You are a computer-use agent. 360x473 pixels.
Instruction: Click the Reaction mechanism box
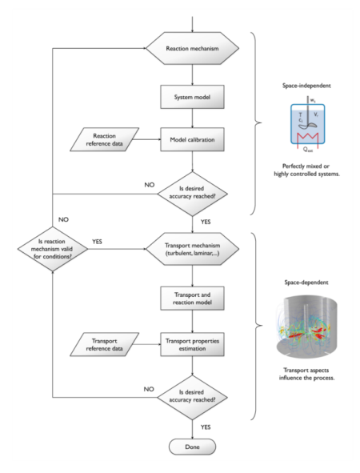(x=190, y=49)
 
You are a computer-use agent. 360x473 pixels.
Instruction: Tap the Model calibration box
(x=190, y=141)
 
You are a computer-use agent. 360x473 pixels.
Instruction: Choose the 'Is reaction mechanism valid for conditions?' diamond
(x=52, y=244)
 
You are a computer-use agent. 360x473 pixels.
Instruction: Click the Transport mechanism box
(x=190, y=244)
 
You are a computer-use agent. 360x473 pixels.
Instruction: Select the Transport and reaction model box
(x=190, y=298)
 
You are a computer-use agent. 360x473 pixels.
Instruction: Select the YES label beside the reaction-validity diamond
(x=98, y=239)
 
